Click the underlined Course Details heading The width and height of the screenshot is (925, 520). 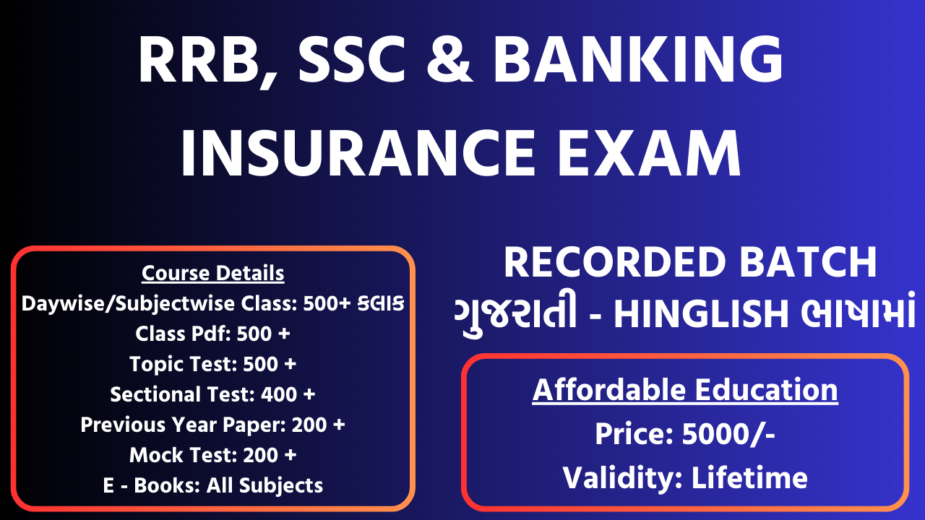point(212,273)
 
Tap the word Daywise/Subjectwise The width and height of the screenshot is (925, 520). point(128,305)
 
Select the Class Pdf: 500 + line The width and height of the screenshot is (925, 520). point(212,334)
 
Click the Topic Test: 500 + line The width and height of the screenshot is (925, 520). point(212,364)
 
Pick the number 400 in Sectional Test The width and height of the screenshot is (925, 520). point(279,394)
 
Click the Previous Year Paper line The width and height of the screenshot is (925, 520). point(212,425)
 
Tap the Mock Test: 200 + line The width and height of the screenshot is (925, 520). point(212,455)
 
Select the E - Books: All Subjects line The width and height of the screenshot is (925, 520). point(212,485)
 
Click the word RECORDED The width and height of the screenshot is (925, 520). point(615,262)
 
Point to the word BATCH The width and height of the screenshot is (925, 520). point(808,262)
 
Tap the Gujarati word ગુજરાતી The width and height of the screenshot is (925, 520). point(515,314)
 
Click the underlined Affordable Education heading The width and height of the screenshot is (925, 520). point(685,390)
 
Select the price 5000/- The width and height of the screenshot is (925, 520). point(728,434)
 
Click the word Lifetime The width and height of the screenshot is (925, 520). point(749,478)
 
